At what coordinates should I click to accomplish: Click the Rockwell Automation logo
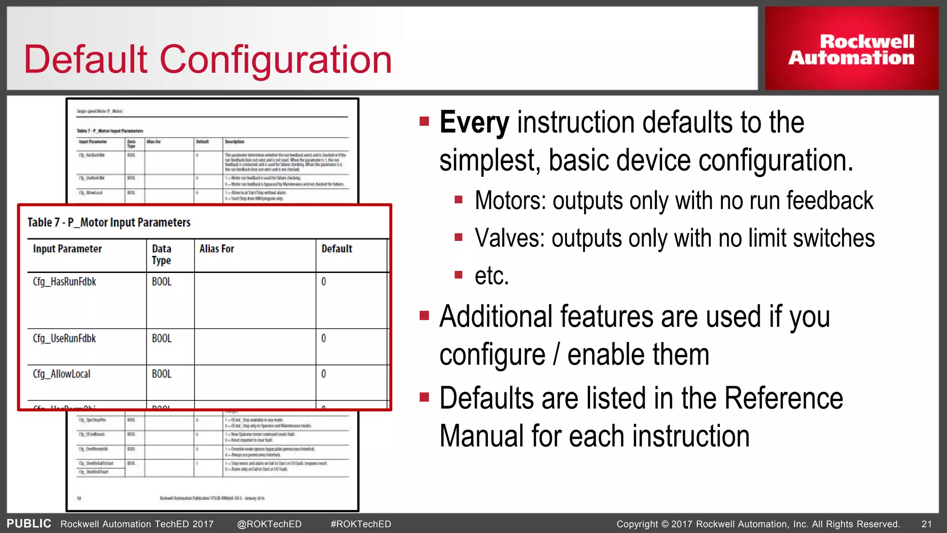(851, 50)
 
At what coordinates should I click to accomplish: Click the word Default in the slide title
(86, 60)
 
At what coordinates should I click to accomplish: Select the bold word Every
(474, 123)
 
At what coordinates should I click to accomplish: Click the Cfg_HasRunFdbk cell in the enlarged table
(64, 282)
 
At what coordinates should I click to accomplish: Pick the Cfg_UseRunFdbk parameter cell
(64, 339)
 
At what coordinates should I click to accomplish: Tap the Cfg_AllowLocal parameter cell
(61, 374)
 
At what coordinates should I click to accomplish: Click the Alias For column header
(216, 249)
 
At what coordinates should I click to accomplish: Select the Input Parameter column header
(68, 249)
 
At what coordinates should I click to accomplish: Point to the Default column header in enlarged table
(337, 249)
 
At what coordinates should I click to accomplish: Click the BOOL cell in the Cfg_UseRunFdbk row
(161, 339)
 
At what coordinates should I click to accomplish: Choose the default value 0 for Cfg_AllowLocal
(324, 374)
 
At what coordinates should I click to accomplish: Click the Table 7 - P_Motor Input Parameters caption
(109, 223)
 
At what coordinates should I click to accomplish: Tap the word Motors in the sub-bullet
(510, 201)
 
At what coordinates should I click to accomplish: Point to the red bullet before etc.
(459, 275)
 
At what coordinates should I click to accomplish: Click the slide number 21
(926, 524)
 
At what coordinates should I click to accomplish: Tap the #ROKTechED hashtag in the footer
(361, 524)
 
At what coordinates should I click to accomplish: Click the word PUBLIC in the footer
(29, 524)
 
